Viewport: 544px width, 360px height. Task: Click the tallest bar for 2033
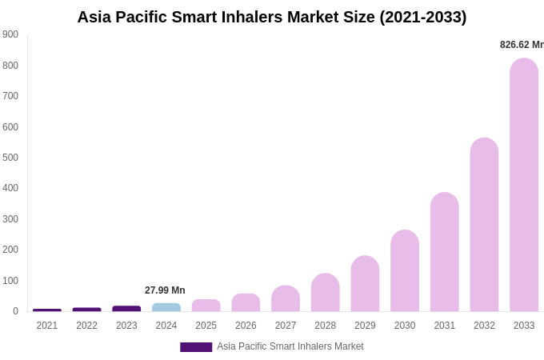tap(524, 185)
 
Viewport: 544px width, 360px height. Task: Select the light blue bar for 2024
tap(166, 307)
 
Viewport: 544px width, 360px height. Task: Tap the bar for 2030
tap(405, 271)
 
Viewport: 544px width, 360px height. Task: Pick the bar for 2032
tap(484, 225)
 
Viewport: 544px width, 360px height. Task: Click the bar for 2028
tap(326, 293)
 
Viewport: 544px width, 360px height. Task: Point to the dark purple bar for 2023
tap(126, 309)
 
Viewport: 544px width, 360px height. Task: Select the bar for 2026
tap(246, 302)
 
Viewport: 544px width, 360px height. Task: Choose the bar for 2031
tap(445, 252)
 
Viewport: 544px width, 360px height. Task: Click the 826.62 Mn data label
tap(522, 45)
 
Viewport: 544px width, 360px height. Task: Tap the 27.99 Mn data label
tap(165, 290)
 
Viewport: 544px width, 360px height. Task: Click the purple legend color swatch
tap(196, 347)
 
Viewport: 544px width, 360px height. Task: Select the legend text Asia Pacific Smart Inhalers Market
tap(290, 346)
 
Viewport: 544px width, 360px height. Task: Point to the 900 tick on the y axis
tap(10, 34)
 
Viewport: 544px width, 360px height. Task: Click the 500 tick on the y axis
tap(10, 158)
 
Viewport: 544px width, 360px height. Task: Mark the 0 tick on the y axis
tap(15, 311)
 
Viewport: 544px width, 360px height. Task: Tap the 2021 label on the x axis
tap(47, 326)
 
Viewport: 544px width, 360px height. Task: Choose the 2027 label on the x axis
tap(286, 326)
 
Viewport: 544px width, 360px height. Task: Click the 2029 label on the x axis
tap(365, 326)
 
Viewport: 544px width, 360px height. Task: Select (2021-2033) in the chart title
tap(423, 17)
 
